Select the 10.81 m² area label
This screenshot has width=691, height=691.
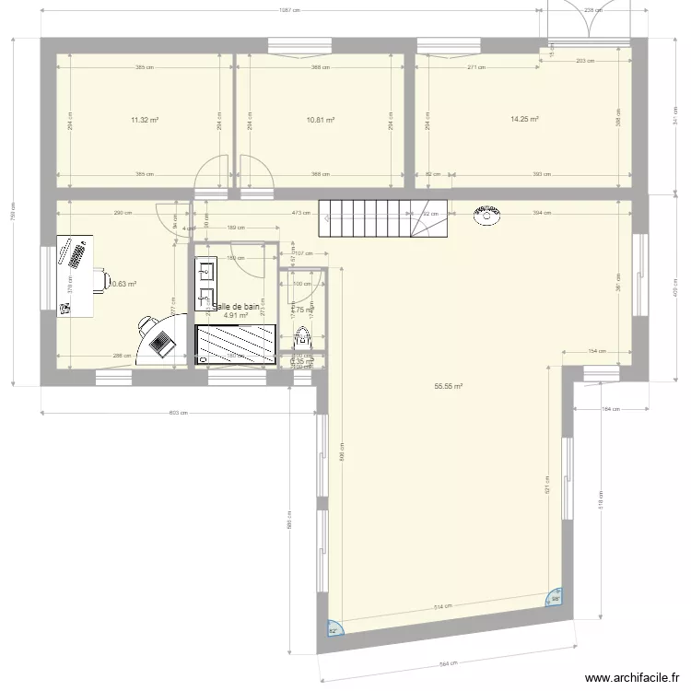coord(320,120)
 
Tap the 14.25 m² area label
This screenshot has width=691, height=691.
coord(524,119)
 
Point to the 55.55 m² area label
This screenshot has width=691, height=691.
coord(448,387)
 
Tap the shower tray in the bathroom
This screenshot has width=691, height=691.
coord(236,343)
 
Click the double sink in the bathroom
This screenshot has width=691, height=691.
coord(205,285)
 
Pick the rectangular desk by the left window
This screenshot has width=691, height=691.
coord(76,275)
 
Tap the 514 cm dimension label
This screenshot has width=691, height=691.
coord(443,606)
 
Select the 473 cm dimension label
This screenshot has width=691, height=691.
coord(299,213)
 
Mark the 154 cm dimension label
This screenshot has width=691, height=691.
coord(596,351)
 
